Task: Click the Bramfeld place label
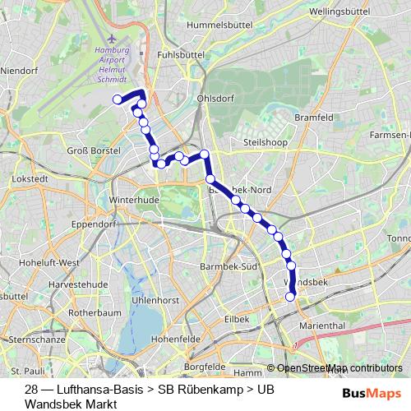(314, 118)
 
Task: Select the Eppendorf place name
(95, 224)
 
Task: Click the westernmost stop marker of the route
(117, 99)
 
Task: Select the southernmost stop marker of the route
(289, 297)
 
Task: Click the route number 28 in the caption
(32, 389)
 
